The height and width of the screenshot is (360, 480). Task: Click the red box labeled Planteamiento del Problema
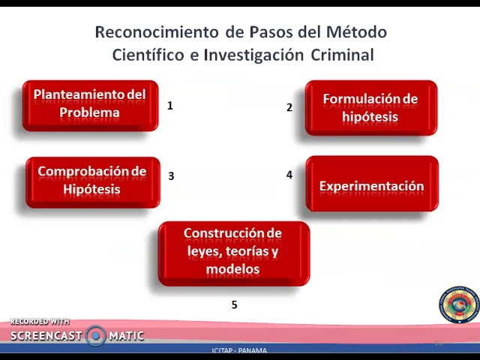point(90,105)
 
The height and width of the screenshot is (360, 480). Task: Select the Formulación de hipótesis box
point(370,108)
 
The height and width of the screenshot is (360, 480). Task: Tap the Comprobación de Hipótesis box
point(92,181)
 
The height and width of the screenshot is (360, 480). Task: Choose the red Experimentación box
point(371,185)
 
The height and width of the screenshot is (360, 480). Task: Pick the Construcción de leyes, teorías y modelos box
point(233,252)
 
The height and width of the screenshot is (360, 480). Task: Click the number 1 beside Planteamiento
point(170,106)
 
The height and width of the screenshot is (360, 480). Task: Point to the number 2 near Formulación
point(289,107)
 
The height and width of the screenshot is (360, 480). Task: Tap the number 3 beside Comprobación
point(171,176)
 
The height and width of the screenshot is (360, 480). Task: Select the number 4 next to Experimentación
point(289,175)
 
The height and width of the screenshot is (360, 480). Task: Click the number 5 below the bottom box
point(234,304)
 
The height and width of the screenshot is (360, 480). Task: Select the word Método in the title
point(357,32)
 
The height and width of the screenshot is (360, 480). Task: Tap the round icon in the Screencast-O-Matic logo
point(95,335)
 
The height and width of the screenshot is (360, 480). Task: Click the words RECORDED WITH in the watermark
point(40,322)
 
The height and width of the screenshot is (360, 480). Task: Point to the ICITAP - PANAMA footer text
point(239,350)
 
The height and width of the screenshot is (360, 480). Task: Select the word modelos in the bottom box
point(232,268)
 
